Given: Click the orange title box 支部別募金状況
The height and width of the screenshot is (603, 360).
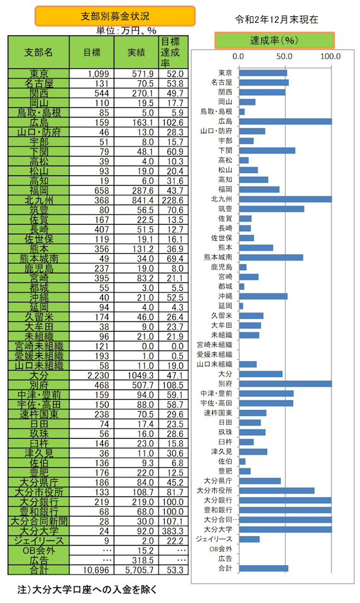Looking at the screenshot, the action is [115, 16].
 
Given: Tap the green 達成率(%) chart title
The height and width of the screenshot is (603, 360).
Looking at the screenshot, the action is [274, 40].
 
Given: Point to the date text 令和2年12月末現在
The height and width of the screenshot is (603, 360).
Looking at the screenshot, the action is [277, 20].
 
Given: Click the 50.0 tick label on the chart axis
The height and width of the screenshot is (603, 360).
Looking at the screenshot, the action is [284, 57].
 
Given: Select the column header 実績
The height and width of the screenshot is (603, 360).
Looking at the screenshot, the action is [136, 52].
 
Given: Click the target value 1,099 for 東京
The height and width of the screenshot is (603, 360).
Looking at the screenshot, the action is [99, 74].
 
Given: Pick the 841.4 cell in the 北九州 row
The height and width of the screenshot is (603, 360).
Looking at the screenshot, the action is [143, 200].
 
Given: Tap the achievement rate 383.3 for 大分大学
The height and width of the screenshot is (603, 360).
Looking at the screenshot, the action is [175, 531].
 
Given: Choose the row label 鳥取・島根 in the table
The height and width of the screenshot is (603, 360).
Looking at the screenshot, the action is [39, 112].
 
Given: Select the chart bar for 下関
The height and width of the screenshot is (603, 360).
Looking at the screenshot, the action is [267, 150].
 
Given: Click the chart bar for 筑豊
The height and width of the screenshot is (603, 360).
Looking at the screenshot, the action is [272, 209].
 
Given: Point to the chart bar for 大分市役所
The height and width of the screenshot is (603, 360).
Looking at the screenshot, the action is [277, 491].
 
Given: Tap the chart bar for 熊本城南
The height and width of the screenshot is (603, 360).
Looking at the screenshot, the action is [271, 257].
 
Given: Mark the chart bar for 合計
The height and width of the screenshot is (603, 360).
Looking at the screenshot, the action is [263, 568].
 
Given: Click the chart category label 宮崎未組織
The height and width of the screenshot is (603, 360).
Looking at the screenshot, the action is [215, 345].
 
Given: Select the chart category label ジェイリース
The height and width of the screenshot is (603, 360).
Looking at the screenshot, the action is [214, 539].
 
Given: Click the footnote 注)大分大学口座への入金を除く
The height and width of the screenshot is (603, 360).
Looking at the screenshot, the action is [87, 589].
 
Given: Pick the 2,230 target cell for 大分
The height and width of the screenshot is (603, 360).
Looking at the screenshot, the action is [99, 375].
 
